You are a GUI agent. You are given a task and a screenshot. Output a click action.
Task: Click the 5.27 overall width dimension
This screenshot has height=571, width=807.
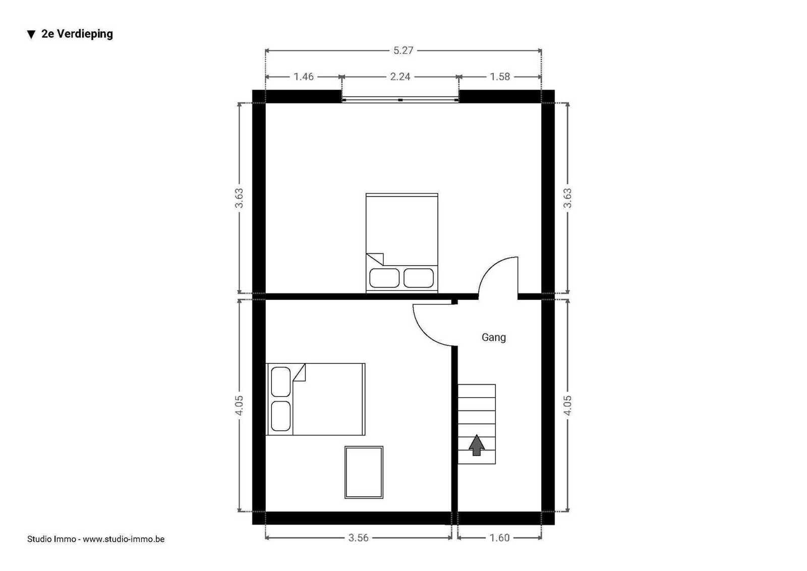[403, 50]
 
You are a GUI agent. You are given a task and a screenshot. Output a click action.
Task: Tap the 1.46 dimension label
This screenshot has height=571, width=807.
[303, 76]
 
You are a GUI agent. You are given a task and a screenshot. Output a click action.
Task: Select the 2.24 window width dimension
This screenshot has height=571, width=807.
[400, 76]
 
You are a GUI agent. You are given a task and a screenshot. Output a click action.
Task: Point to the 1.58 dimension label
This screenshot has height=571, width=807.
[500, 76]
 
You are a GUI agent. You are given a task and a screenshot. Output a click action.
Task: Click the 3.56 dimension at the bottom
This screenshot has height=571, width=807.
[358, 538]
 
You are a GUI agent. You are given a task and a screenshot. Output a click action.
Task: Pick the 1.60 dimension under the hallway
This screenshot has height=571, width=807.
[499, 538]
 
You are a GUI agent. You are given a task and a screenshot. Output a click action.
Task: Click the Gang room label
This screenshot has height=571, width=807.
[494, 338]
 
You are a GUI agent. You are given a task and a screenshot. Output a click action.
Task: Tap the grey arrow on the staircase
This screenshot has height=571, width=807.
[477, 445]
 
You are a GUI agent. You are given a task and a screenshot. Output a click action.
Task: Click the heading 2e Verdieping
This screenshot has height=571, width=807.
[77, 34]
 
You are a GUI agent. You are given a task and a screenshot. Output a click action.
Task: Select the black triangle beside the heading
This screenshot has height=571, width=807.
[31, 35]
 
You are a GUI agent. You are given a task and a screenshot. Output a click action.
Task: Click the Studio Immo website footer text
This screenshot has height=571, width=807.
[96, 539]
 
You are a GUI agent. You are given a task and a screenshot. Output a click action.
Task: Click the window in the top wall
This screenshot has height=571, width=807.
[400, 100]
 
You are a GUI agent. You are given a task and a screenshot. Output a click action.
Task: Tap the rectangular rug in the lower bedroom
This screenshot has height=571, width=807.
[364, 472]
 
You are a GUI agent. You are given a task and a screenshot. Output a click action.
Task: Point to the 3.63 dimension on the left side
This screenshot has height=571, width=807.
[239, 198]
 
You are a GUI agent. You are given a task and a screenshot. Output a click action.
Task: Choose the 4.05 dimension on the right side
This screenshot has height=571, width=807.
[567, 405]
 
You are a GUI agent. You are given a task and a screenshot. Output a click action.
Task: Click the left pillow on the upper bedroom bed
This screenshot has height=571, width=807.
[384, 278]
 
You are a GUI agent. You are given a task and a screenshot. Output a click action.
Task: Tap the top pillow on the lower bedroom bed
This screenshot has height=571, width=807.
[280, 382]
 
